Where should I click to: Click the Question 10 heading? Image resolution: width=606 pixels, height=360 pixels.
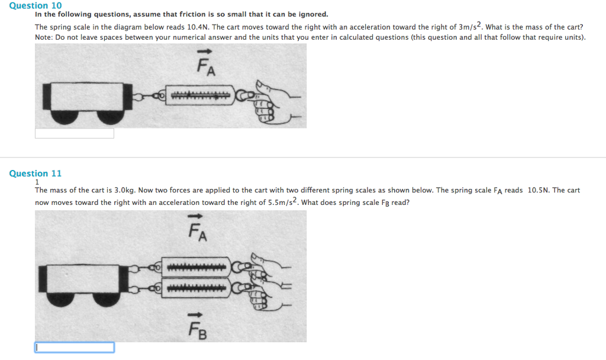36,5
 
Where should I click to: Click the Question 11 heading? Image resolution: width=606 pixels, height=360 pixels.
36,173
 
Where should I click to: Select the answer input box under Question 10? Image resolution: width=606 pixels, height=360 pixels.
74,134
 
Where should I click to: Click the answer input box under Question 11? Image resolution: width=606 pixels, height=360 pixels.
74,348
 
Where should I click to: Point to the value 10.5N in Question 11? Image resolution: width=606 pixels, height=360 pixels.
539,191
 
